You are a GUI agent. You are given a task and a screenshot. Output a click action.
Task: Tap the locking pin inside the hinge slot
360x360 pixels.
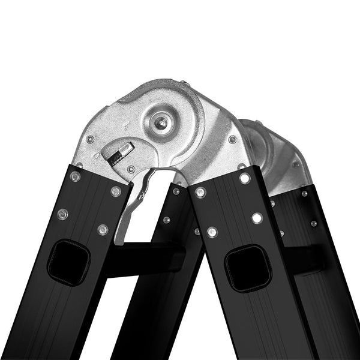(x=117, y=151)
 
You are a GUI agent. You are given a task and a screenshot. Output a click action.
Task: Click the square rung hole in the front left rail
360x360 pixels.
(x=68, y=262)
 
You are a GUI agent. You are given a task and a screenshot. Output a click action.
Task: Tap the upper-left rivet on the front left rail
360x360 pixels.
(x=74, y=176)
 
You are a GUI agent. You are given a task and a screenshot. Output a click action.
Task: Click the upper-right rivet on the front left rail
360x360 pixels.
(x=116, y=191)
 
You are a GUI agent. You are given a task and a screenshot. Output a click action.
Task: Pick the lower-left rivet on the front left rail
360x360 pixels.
(x=62, y=214)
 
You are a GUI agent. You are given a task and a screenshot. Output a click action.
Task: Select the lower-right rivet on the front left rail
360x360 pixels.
(x=103, y=229)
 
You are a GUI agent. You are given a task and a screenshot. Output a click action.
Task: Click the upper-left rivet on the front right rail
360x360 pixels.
(x=200, y=193)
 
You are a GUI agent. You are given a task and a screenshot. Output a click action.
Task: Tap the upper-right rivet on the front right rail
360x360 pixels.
(x=245, y=178)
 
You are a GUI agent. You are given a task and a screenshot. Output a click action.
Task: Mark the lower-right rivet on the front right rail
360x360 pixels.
(x=257, y=217)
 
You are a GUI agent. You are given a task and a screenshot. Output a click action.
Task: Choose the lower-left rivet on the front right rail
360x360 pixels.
(x=212, y=232)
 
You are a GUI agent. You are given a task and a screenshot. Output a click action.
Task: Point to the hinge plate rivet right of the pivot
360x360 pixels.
(x=232, y=139)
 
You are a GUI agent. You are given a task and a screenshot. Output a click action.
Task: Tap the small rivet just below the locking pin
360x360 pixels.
(x=131, y=169)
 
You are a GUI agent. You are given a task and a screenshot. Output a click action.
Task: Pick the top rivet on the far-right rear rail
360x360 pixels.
(x=305, y=193)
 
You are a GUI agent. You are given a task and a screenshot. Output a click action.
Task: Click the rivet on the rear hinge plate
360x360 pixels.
(x=295, y=164)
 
